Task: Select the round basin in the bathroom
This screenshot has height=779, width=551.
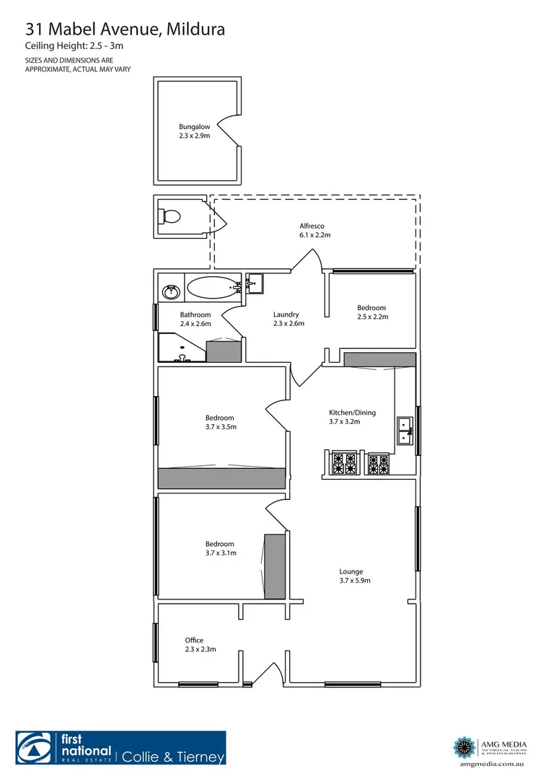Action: [172, 291]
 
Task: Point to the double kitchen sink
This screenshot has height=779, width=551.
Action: [402, 431]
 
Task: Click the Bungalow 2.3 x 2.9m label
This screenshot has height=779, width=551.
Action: [195, 131]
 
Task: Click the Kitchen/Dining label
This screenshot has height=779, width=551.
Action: [352, 417]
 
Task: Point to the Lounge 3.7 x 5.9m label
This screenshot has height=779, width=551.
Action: [355, 576]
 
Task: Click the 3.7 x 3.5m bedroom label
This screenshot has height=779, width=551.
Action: [221, 422]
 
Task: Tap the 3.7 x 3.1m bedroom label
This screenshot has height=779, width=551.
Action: [221, 548]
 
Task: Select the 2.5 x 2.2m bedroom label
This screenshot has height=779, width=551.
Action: [372, 312]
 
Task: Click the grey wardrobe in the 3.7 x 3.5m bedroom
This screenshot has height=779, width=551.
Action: [222, 477]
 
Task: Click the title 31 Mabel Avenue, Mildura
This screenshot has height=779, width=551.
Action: [125, 29]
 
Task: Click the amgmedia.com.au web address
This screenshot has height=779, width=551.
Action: [490, 762]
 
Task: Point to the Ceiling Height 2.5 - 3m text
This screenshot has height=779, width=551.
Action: [75, 47]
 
